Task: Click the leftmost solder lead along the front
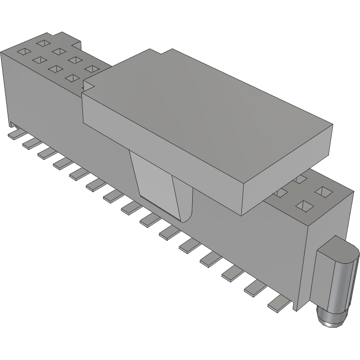[15, 134]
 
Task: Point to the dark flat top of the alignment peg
[340, 248]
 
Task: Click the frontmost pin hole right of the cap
[303, 207]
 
